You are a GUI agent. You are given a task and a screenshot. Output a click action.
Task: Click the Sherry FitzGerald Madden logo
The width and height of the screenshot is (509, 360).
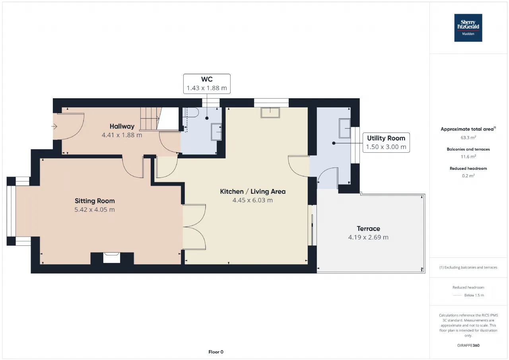click(x=468, y=28)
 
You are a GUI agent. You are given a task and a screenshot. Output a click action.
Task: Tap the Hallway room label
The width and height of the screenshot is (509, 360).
click(x=122, y=126)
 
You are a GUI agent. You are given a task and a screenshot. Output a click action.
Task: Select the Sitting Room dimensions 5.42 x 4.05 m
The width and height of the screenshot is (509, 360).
click(x=95, y=210)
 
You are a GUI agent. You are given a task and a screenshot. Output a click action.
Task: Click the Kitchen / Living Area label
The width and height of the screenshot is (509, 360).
click(x=253, y=191)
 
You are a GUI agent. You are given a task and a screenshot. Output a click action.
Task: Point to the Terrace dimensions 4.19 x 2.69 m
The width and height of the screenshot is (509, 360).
click(x=368, y=237)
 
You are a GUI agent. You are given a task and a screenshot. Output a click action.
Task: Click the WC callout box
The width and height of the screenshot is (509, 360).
click(x=207, y=84)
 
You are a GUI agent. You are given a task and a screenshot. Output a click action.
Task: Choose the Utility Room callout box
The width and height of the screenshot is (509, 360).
click(x=386, y=142)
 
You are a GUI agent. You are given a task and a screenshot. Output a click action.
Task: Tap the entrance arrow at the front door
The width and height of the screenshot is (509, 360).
click(x=54, y=126)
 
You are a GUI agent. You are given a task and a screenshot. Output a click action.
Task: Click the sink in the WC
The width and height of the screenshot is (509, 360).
click(x=216, y=132)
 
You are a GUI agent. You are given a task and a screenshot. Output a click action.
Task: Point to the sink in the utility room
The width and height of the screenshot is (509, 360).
click(x=344, y=128)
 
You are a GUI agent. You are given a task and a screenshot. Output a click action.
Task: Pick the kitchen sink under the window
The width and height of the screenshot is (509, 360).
click(x=270, y=113)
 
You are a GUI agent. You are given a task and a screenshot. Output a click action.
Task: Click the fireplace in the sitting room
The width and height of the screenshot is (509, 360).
click(x=112, y=258)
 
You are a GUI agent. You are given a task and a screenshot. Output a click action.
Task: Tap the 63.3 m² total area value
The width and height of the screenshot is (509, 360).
click(x=468, y=138)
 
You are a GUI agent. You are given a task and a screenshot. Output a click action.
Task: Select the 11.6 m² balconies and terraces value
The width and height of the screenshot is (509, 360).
click(x=468, y=157)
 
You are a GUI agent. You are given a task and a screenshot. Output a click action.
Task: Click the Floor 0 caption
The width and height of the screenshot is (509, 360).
click(x=216, y=352)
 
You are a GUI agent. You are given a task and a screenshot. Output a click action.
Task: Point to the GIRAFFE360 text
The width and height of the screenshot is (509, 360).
click(x=468, y=345)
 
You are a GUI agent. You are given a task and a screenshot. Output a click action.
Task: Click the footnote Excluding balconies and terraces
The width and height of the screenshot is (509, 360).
click(x=468, y=267)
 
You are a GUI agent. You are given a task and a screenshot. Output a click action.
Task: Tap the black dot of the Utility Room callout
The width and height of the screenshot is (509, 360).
click(x=334, y=143)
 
